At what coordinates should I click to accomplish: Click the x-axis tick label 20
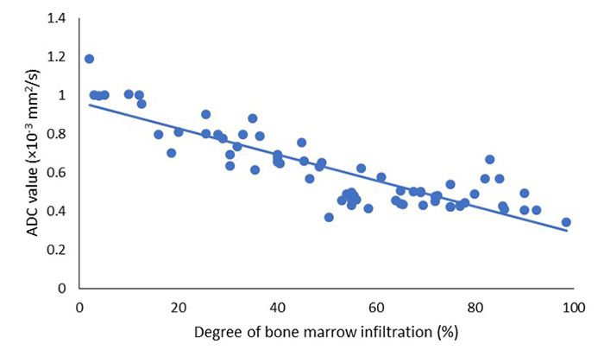click(x=178, y=305)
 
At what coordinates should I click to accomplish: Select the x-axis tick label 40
click(x=277, y=305)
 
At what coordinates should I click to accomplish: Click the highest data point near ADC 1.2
click(x=89, y=59)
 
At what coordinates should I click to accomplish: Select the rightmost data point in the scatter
click(x=566, y=222)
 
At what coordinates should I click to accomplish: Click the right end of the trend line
click(x=567, y=231)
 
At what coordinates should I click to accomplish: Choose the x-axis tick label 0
click(x=79, y=305)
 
